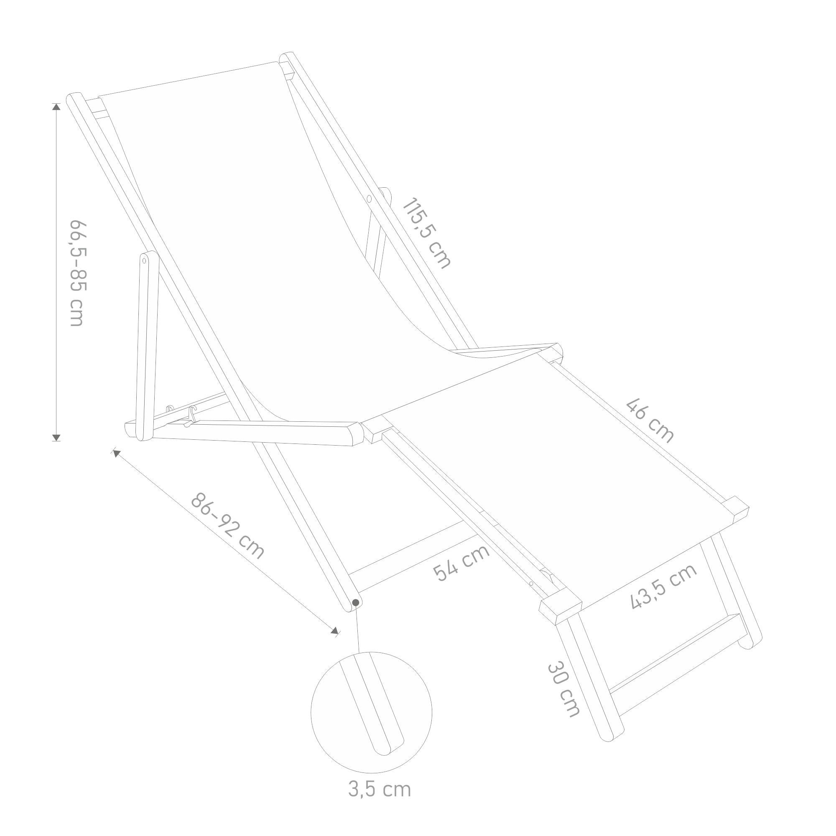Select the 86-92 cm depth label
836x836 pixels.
227,526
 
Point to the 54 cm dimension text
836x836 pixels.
462,563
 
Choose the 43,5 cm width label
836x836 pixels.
663,586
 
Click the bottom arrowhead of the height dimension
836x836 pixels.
56,437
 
